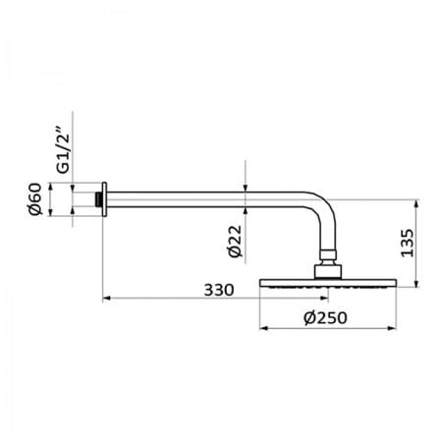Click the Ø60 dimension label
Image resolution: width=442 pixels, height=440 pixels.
pyautogui.click(x=35, y=198)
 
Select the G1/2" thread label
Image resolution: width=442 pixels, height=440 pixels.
pyautogui.click(x=63, y=149)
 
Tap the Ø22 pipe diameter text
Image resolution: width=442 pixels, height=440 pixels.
pyautogui.click(x=235, y=242)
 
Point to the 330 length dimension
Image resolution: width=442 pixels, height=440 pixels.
pyautogui.click(x=219, y=290)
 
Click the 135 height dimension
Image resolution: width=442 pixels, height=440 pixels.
pyautogui.click(x=408, y=243)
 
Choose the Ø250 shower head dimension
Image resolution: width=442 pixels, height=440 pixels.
pyautogui.click(x=325, y=317)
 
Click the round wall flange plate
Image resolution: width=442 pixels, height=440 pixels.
pyautogui.click(x=104, y=199)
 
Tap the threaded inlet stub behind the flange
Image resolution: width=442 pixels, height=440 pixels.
pyautogui.click(x=98, y=199)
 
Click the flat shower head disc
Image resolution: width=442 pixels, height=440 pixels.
pyautogui.click(x=328, y=283)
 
